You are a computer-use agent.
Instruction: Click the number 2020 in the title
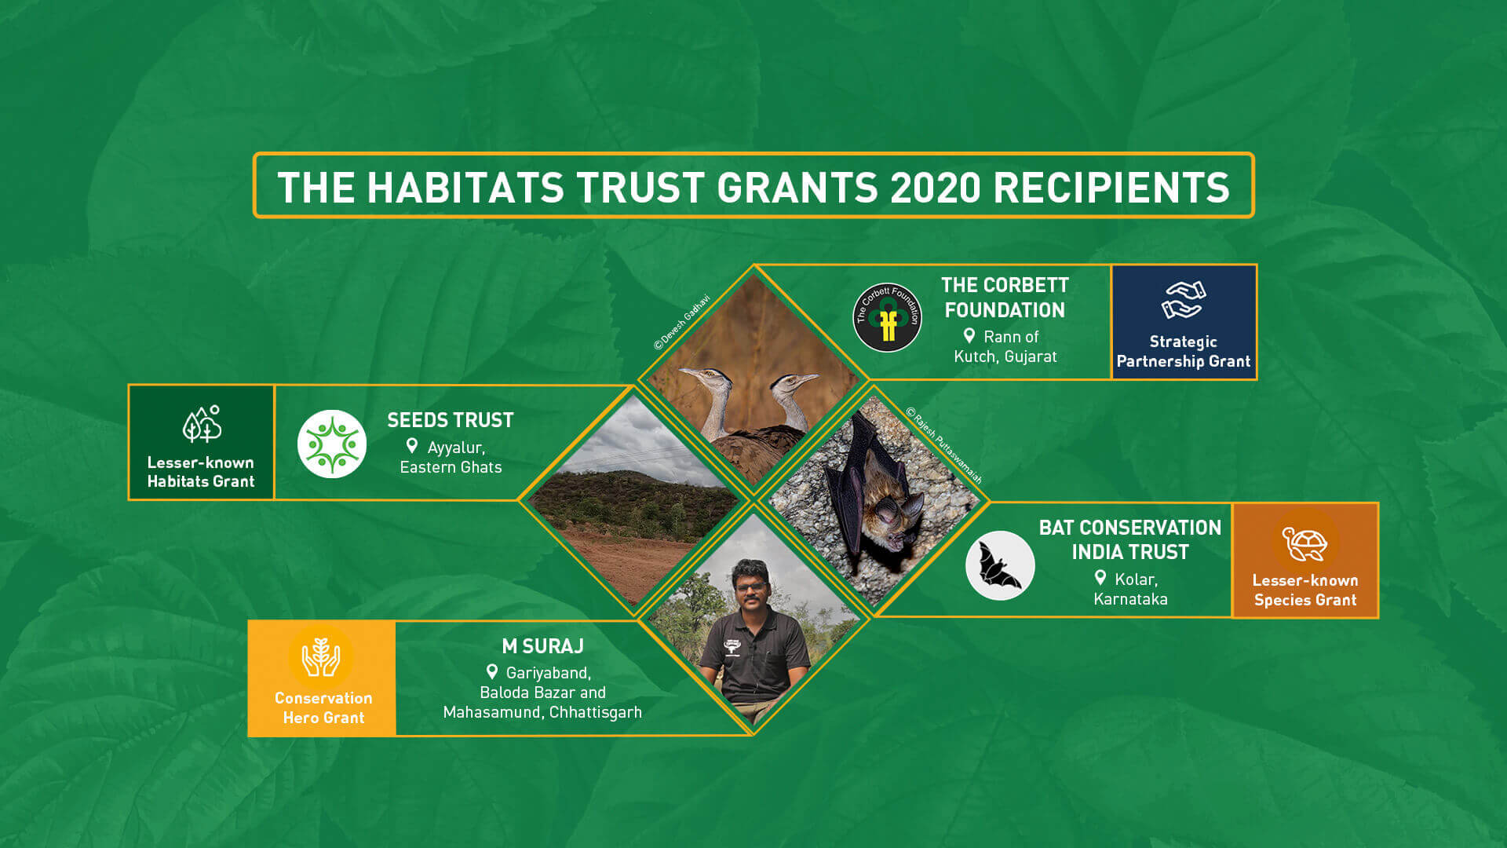pyautogui.click(x=936, y=188)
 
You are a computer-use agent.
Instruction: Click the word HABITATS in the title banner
pyautogui.click(x=465, y=188)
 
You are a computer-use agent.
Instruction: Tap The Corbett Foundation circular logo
pyautogui.click(x=887, y=318)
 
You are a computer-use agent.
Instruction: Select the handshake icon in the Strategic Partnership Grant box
pyautogui.click(x=1183, y=300)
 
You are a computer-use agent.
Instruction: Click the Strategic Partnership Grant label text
pyautogui.click(x=1183, y=352)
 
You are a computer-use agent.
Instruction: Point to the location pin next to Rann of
pyautogui.click(x=969, y=336)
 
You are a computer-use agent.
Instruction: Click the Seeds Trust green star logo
pyautogui.click(x=332, y=444)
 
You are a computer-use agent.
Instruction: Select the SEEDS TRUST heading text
pyautogui.click(x=450, y=420)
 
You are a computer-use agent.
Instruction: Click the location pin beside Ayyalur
pyautogui.click(x=412, y=446)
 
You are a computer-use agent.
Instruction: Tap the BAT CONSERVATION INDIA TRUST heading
pyautogui.click(x=1129, y=539)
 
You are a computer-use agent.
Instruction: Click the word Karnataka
pyautogui.click(x=1130, y=599)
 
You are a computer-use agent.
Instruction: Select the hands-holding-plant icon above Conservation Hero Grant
pyautogui.click(x=321, y=657)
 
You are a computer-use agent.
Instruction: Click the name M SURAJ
pyautogui.click(x=542, y=646)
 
